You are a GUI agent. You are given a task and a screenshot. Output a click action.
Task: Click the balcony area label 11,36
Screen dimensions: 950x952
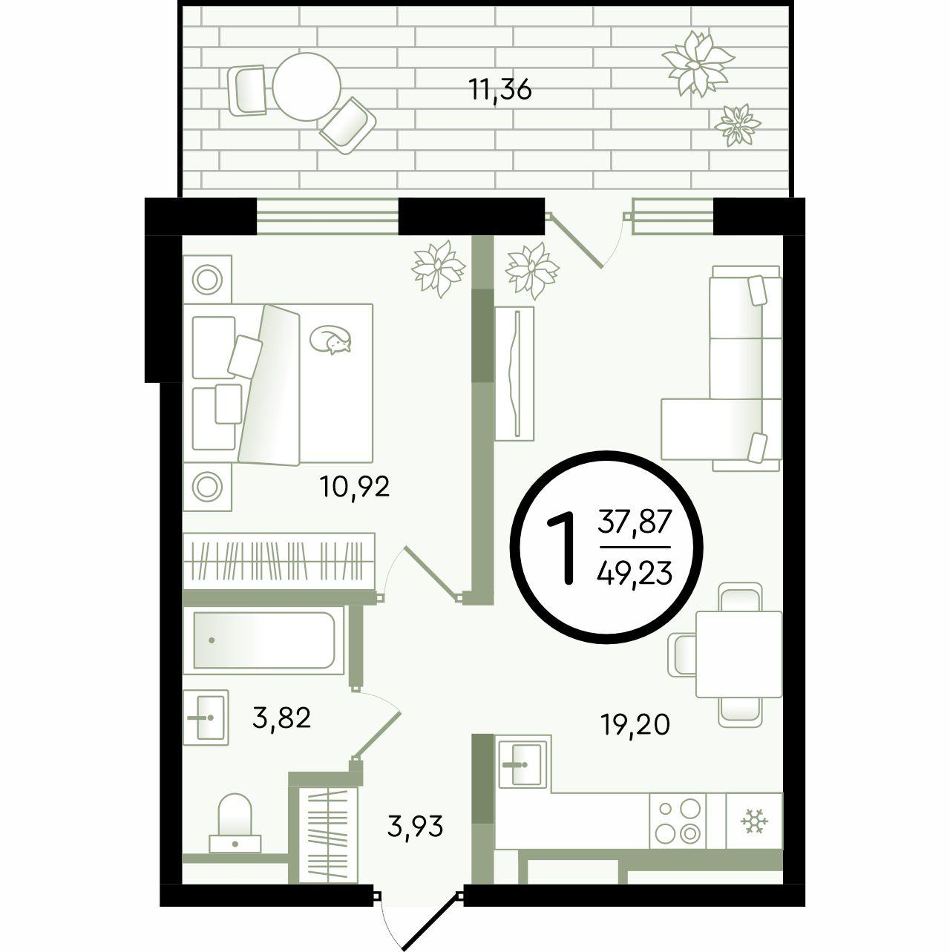pyautogui.click(x=500, y=91)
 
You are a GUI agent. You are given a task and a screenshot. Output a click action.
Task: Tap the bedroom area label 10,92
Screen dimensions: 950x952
pyautogui.click(x=355, y=487)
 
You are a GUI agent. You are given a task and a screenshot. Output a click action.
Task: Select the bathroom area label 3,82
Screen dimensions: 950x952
pyautogui.click(x=281, y=718)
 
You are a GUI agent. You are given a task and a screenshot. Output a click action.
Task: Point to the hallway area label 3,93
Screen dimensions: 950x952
pyautogui.click(x=415, y=826)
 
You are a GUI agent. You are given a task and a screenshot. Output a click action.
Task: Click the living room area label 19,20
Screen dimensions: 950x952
pyautogui.click(x=635, y=724)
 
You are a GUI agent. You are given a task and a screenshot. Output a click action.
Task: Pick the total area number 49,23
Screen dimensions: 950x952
pyautogui.click(x=634, y=574)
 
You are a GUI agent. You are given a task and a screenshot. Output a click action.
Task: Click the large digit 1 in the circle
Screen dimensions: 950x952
pyautogui.click(x=563, y=548)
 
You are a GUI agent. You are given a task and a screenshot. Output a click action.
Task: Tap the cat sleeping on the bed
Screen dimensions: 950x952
pyautogui.click(x=330, y=339)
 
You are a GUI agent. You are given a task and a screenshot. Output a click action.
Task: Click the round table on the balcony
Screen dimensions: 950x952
pyautogui.click(x=307, y=87)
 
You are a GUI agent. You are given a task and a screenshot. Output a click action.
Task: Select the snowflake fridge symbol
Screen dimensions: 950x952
pyautogui.click(x=754, y=821)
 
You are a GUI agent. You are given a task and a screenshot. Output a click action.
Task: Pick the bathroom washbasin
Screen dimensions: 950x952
pyautogui.click(x=206, y=718)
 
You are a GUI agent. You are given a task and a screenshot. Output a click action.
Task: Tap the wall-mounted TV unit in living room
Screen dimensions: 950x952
pyautogui.click(x=514, y=373)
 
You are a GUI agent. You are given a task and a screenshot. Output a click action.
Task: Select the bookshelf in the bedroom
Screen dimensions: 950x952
pyautogui.click(x=279, y=561)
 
